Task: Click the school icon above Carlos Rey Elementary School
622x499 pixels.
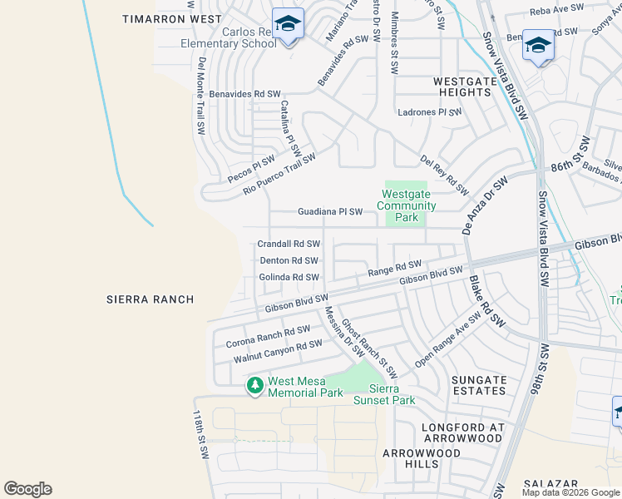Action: tap(288, 25)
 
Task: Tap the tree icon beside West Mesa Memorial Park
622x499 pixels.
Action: tap(255, 385)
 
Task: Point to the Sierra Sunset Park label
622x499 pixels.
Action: tap(385, 394)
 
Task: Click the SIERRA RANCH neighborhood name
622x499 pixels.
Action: tap(151, 299)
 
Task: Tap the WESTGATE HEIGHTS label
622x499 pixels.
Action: tap(463, 86)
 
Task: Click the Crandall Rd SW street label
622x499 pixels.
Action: tap(289, 245)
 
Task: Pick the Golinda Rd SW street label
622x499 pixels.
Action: tap(289, 277)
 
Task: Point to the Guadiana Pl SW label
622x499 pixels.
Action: tap(330, 212)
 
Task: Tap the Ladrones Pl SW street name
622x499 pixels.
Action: tap(430, 111)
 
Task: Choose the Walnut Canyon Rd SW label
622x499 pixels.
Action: tap(278, 351)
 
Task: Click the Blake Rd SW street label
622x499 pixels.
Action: tap(486, 299)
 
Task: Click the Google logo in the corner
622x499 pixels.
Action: tap(27, 489)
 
